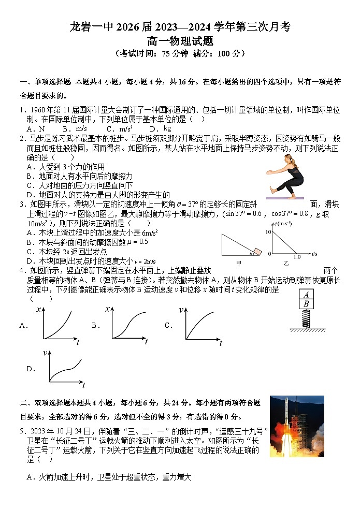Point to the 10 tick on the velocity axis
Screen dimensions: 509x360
point(268,231)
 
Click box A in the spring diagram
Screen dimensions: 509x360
point(307,294)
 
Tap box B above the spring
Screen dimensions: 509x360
point(307,304)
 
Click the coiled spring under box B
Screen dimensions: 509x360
point(307,318)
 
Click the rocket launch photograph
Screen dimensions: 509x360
point(297,426)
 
